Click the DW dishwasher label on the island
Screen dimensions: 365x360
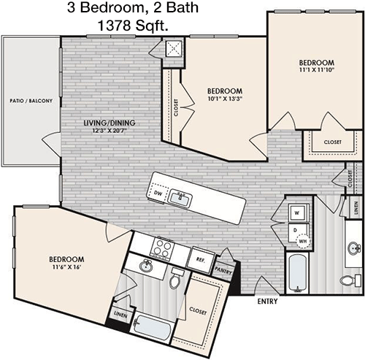pos(158,193)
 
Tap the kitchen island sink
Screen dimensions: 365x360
pos(180,198)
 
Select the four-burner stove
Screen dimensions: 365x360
pos(162,247)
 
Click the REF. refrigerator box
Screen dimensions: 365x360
pos(201,260)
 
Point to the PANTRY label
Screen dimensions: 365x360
pos(223,270)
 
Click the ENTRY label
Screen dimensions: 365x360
pos(267,302)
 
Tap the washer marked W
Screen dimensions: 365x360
pos(297,213)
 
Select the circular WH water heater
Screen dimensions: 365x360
pos(303,241)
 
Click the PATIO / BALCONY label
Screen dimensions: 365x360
pos(31,101)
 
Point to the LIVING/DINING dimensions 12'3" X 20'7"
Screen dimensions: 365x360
pos(109,131)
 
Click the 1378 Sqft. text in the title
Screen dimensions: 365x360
pos(133,26)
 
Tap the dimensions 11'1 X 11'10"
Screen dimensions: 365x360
pos(317,70)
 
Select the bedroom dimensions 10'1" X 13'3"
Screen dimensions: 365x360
pos(225,99)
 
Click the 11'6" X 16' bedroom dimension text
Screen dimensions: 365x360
pos(66,267)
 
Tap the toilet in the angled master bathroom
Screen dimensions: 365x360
pos(176,278)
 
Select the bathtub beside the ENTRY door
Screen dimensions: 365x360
pos(297,273)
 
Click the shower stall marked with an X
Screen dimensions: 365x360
pos(174,48)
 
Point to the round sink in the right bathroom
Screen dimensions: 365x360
pos(354,249)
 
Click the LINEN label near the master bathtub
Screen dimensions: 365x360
pos(120,315)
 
